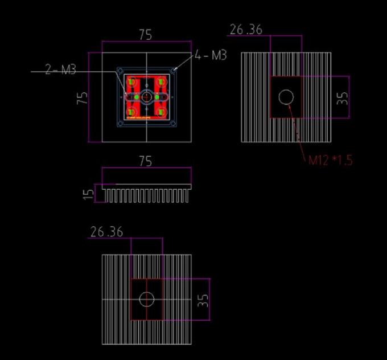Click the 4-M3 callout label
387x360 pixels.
[x=211, y=55]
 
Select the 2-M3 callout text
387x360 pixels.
[x=60, y=70]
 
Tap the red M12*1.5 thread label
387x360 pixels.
[x=330, y=160]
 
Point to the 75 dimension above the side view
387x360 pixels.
[x=146, y=161]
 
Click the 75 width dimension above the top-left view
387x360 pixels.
[x=146, y=35]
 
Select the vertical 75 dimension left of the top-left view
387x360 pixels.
[x=83, y=97]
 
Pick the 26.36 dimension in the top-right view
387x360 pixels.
[x=246, y=29]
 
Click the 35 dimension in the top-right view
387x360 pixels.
[x=342, y=97]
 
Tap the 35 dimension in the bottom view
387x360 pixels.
[x=203, y=300]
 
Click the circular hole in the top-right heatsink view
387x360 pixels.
[x=286, y=97]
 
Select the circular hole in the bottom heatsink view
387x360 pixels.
[x=147, y=299]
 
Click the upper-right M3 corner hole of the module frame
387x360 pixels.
[x=174, y=70]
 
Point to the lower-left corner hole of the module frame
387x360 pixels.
[x=120, y=124]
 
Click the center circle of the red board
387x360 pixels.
[x=147, y=97]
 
